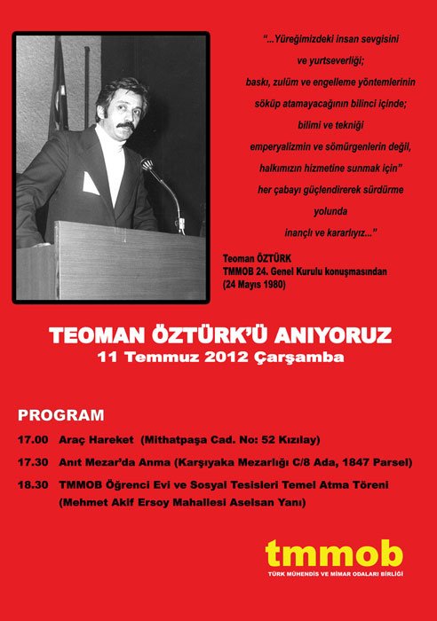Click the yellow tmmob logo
(333, 553)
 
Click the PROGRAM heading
(61, 415)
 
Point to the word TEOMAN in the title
(93, 338)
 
